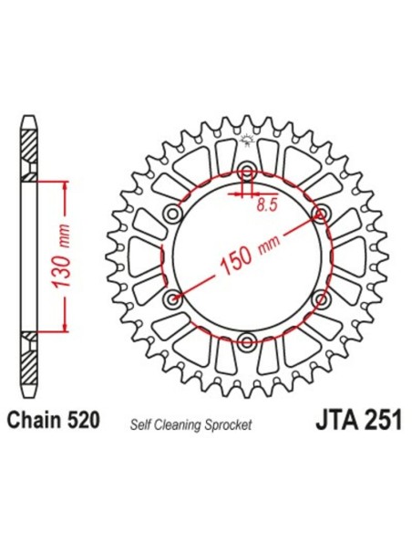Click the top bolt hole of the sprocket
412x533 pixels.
click(x=247, y=170)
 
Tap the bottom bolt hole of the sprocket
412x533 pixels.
click(x=247, y=341)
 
